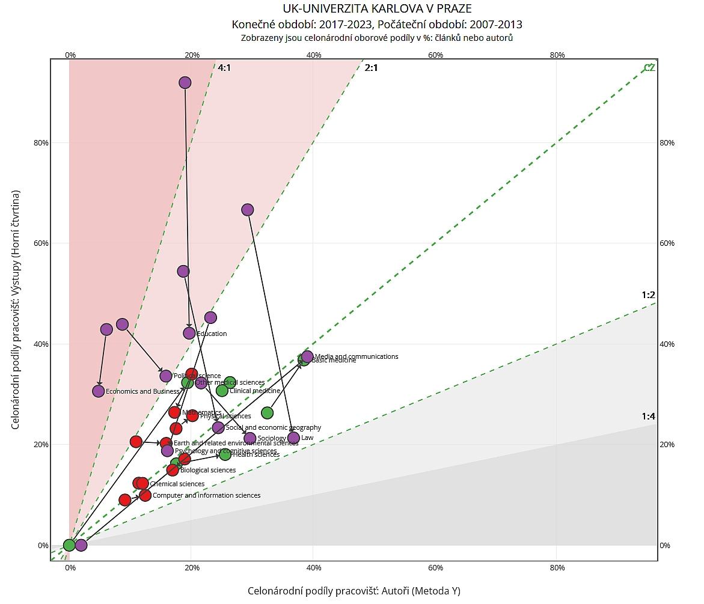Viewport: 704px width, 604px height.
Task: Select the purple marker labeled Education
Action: pos(189,333)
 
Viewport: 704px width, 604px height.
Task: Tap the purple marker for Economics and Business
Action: pos(99,391)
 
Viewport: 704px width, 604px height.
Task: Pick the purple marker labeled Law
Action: pos(293,438)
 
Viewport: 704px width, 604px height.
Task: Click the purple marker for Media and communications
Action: pos(307,356)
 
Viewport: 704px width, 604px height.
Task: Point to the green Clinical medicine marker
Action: pos(222,391)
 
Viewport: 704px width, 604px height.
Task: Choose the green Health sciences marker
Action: pos(225,454)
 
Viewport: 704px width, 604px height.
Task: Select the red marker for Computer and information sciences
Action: pos(145,495)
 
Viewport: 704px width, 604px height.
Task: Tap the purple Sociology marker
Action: pos(250,438)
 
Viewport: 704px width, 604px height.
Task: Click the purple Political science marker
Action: pos(166,376)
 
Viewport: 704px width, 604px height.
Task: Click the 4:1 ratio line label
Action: pos(224,68)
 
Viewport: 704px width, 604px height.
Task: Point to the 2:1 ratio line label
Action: pos(371,68)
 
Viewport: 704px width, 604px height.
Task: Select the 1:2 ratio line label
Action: pos(647,295)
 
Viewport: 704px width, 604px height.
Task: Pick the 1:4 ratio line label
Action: pos(647,416)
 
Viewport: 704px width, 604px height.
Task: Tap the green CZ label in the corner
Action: pos(649,68)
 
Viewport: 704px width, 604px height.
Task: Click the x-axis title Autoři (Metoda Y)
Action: pos(354,591)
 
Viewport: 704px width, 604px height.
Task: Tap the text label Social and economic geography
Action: pos(273,427)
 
